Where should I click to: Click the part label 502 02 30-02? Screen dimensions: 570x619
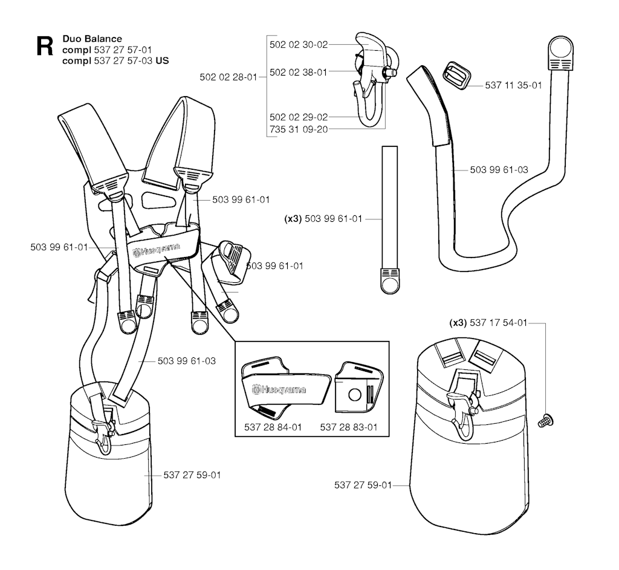(299, 44)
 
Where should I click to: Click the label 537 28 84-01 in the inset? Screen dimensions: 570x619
(271, 427)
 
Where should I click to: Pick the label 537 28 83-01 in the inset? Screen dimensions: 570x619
(349, 427)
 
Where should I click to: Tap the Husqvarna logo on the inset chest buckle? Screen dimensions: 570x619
(279, 390)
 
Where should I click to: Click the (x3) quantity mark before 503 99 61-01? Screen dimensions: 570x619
(293, 219)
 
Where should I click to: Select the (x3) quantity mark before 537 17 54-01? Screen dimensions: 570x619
(458, 323)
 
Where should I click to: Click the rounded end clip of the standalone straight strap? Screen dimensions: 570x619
(390, 280)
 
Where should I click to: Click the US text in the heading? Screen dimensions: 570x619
(163, 60)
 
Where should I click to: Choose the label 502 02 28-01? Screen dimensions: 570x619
(228, 77)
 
